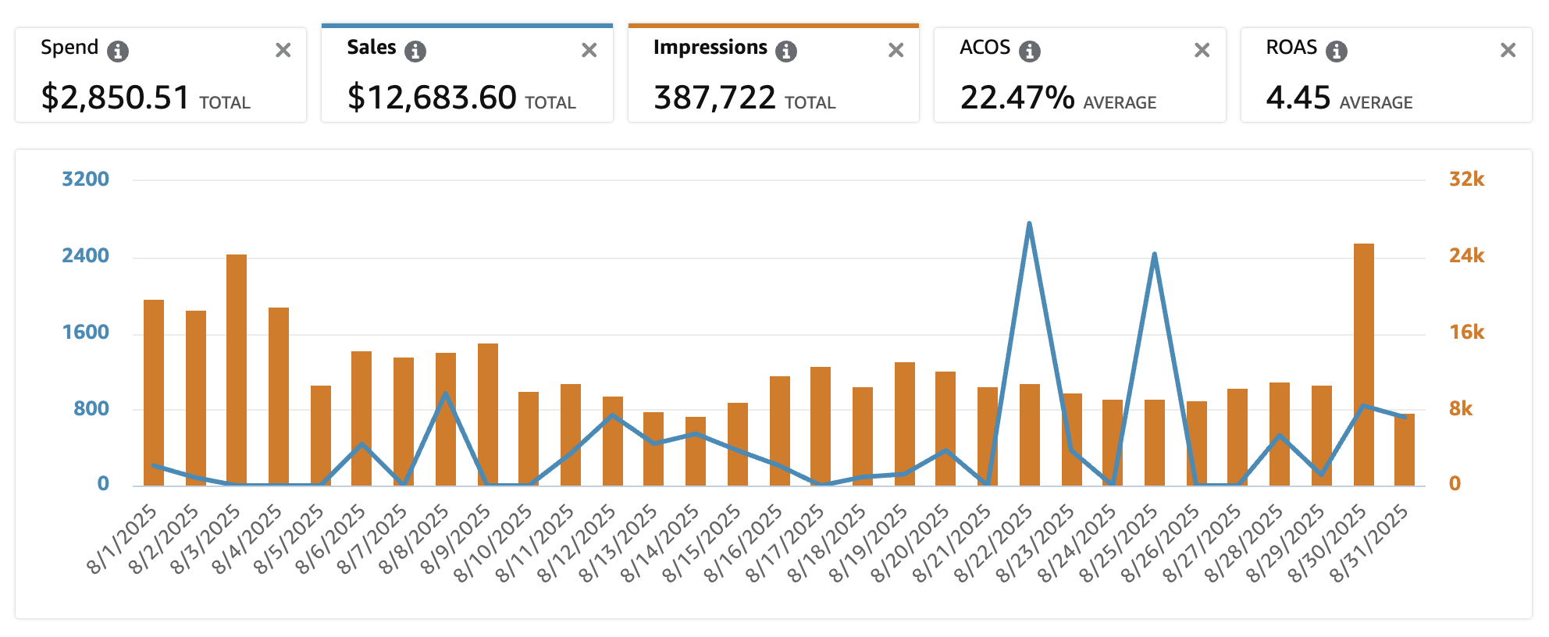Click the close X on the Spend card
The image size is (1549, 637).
point(283,51)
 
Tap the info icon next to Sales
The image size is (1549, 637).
point(415,52)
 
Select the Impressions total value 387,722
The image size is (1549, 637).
point(714,98)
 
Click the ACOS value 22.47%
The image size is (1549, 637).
point(1017,98)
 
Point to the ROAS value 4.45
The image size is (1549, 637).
point(1298,98)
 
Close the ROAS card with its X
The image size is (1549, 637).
point(1508,51)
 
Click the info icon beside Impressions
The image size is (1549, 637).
point(785,52)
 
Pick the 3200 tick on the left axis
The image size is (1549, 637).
point(85,179)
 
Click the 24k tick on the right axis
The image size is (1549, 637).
point(1466,255)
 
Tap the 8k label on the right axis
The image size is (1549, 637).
point(1460,408)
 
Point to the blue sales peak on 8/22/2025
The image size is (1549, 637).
point(1029,224)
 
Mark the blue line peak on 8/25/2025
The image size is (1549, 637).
point(1154,254)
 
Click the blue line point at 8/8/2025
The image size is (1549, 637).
point(445,393)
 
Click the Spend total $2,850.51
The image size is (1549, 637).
point(116,98)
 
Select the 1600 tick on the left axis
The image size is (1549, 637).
point(85,332)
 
